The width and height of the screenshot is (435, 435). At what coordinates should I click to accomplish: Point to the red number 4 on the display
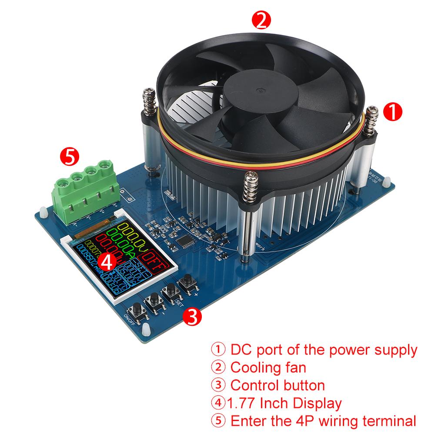pos(107,262)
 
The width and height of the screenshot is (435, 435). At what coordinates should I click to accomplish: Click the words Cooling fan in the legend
pos(268,367)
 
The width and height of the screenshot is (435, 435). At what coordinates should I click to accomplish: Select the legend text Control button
pos(278,385)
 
